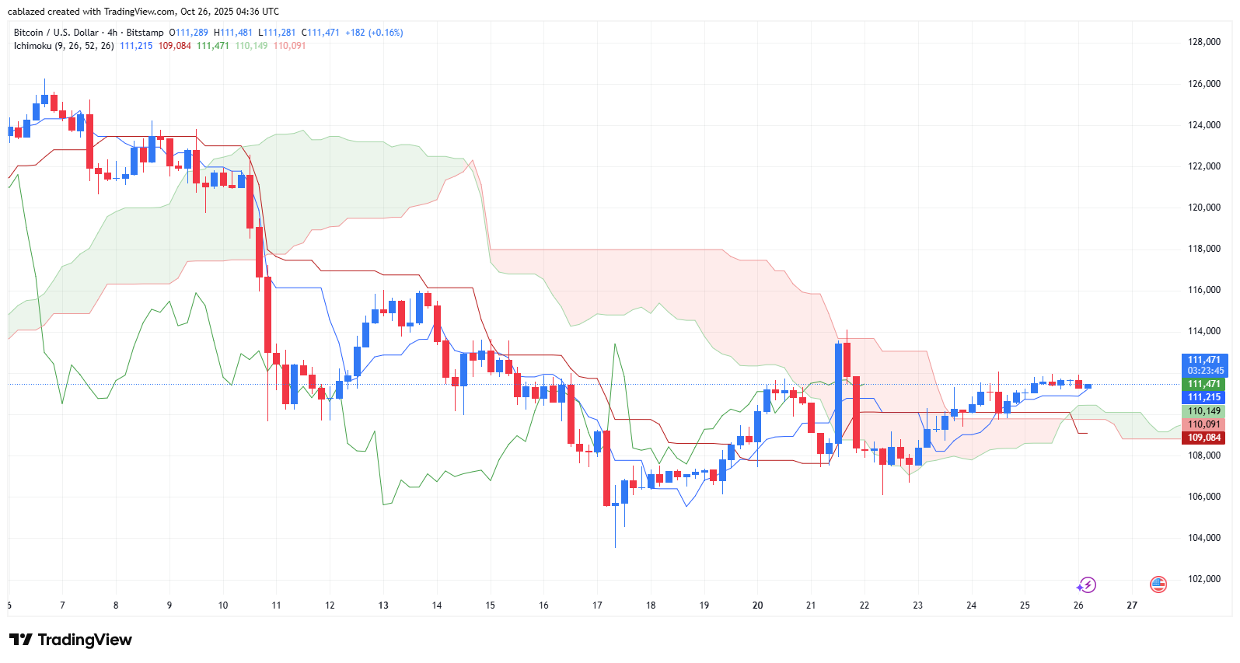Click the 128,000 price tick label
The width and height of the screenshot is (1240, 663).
pos(1204,42)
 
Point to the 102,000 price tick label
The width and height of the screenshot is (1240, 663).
pos(1204,579)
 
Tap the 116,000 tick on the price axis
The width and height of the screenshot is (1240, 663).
pos(1204,290)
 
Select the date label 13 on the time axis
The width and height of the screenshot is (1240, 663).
pos(383,605)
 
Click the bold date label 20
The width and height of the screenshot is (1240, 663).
pos(757,605)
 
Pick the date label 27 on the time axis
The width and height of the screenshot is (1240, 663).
pos(1132,605)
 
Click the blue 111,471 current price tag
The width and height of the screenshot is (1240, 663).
pos(1203,360)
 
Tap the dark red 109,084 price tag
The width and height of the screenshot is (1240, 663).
pos(1203,438)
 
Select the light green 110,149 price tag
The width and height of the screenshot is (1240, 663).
pos(1203,411)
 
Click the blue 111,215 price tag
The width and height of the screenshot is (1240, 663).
pos(1203,397)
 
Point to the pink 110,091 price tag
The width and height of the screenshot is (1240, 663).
pos(1203,424)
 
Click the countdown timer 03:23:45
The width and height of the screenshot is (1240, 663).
pos(1205,371)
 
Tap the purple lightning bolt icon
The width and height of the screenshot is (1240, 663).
pos(1086,584)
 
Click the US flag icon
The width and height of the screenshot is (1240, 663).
pos(1158,584)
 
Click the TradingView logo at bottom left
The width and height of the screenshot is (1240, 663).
pos(71,640)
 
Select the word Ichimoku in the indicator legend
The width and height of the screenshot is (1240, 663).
pos(33,46)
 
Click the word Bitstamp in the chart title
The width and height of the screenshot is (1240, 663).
pos(145,33)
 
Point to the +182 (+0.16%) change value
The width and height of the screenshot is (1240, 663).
pos(374,33)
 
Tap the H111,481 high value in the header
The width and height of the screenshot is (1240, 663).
pos(233,33)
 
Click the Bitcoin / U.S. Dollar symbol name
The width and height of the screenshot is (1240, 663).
pos(56,33)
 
